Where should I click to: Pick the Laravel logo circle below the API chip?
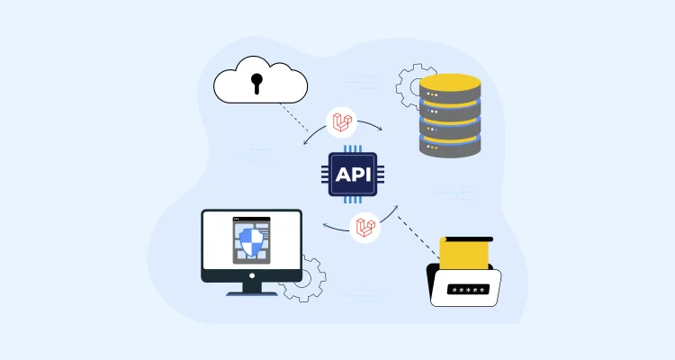coord(364,227)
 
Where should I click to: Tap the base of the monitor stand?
coord(250,291)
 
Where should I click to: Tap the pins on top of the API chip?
coord(353,148)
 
